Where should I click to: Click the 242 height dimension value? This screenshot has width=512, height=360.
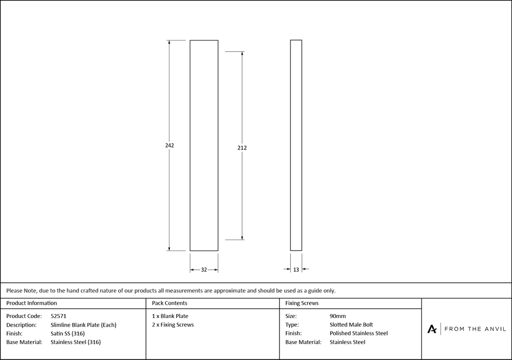[x=169, y=145]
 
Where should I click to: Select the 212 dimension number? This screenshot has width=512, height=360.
[x=242, y=148]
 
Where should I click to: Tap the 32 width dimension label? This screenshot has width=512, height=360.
[x=204, y=269]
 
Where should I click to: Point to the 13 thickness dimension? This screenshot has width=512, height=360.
[x=296, y=269]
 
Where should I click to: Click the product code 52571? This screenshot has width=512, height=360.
[x=58, y=316]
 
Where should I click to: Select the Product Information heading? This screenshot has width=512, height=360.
[x=32, y=303]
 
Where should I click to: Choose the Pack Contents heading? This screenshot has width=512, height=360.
[x=169, y=303]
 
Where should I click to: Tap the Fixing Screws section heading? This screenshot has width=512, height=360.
[x=302, y=303]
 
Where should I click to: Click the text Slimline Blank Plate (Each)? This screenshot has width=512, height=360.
[x=83, y=325]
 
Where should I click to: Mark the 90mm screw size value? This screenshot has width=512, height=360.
[x=338, y=316]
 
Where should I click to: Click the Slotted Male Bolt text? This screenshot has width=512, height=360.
[x=351, y=325]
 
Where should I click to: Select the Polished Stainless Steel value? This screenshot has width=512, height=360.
[x=358, y=333]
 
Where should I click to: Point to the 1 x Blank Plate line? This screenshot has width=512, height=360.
[x=170, y=316]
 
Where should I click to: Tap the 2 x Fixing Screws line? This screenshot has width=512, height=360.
[x=173, y=325]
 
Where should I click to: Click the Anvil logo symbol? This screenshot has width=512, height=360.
[x=432, y=329]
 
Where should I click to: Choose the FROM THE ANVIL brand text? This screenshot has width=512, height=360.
[x=474, y=329]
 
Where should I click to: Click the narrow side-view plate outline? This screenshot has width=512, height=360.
[x=296, y=145]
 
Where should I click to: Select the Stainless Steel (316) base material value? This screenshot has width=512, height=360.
[x=76, y=342]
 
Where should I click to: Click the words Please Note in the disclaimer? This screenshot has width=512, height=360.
[x=22, y=290]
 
